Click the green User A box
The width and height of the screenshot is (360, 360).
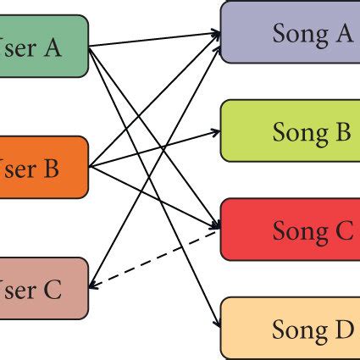click(x=42, y=46)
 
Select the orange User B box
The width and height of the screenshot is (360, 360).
click(x=42, y=167)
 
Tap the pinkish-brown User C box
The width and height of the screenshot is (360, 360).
click(x=42, y=288)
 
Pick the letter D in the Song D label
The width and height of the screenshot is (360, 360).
click(x=343, y=329)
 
